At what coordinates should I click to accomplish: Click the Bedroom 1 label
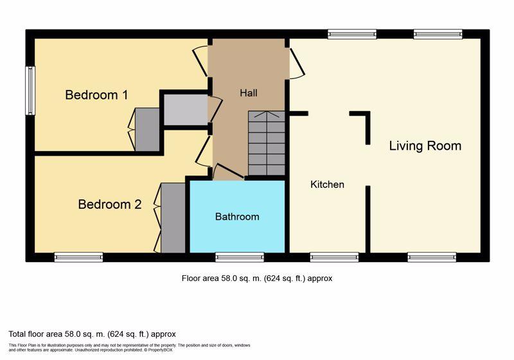96,94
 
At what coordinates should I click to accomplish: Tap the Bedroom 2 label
110,204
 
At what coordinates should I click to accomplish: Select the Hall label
249,93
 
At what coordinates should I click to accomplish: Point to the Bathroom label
237,217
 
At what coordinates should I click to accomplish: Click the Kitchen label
327,184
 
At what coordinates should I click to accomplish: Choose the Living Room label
425,146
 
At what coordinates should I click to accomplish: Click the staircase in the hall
267,143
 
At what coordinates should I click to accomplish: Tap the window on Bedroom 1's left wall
30,91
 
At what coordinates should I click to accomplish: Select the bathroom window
240,257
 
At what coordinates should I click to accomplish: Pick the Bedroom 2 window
78,257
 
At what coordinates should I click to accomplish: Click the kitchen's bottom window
334,257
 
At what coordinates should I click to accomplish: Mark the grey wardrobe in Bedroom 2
173,218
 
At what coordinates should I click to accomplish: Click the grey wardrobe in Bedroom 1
147,130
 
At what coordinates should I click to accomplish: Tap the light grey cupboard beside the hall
186,109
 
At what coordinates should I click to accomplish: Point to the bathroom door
228,171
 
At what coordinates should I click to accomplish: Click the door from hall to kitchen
297,63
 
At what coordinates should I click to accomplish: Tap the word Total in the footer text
17,334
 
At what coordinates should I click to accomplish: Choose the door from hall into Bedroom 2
203,152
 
